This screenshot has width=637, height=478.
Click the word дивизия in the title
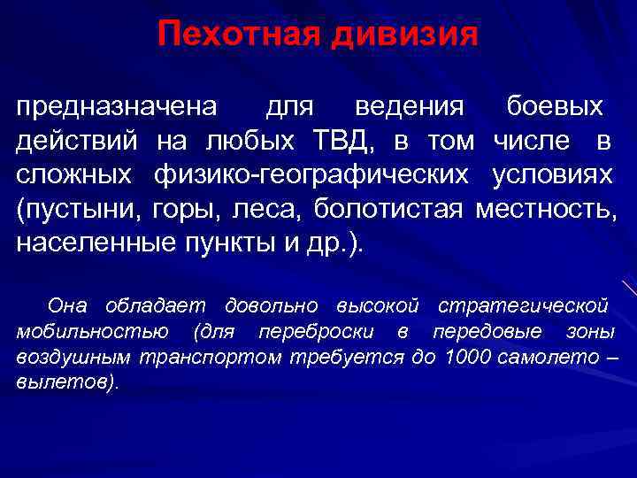click(406, 35)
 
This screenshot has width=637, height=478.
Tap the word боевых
click(555, 108)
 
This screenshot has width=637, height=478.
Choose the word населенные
click(86, 243)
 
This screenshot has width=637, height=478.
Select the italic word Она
click(68, 306)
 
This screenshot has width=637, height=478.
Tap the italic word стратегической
click(523, 306)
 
